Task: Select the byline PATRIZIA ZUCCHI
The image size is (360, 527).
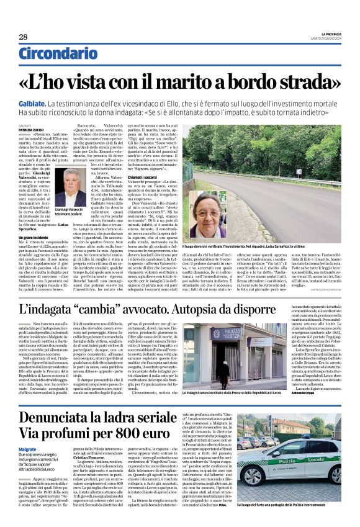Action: pos(31,129)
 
